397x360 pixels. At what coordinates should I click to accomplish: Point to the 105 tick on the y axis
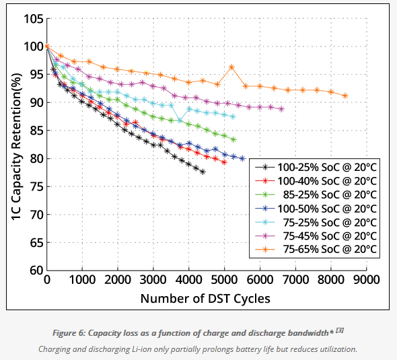click(34, 18)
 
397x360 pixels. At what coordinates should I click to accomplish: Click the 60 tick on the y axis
click(37, 271)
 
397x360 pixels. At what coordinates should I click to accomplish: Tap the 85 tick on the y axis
click(37, 131)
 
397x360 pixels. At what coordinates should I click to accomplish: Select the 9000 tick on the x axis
click(366, 280)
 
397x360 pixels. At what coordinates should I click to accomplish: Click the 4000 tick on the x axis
click(188, 280)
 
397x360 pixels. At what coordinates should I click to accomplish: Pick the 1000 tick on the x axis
click(82, 280)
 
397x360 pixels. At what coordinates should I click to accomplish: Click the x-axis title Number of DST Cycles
click(205, 299)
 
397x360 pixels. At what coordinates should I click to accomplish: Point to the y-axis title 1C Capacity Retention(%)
click(17, 147)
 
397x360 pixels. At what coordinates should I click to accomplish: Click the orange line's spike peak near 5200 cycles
click(231, 67)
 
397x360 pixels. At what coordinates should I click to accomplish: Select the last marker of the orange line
click(345, 96)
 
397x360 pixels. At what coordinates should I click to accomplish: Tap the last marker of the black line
click(203, 172)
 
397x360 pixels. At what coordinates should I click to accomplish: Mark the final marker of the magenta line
click(281, 110)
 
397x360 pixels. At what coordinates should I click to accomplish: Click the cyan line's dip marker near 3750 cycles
click(180, 120)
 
